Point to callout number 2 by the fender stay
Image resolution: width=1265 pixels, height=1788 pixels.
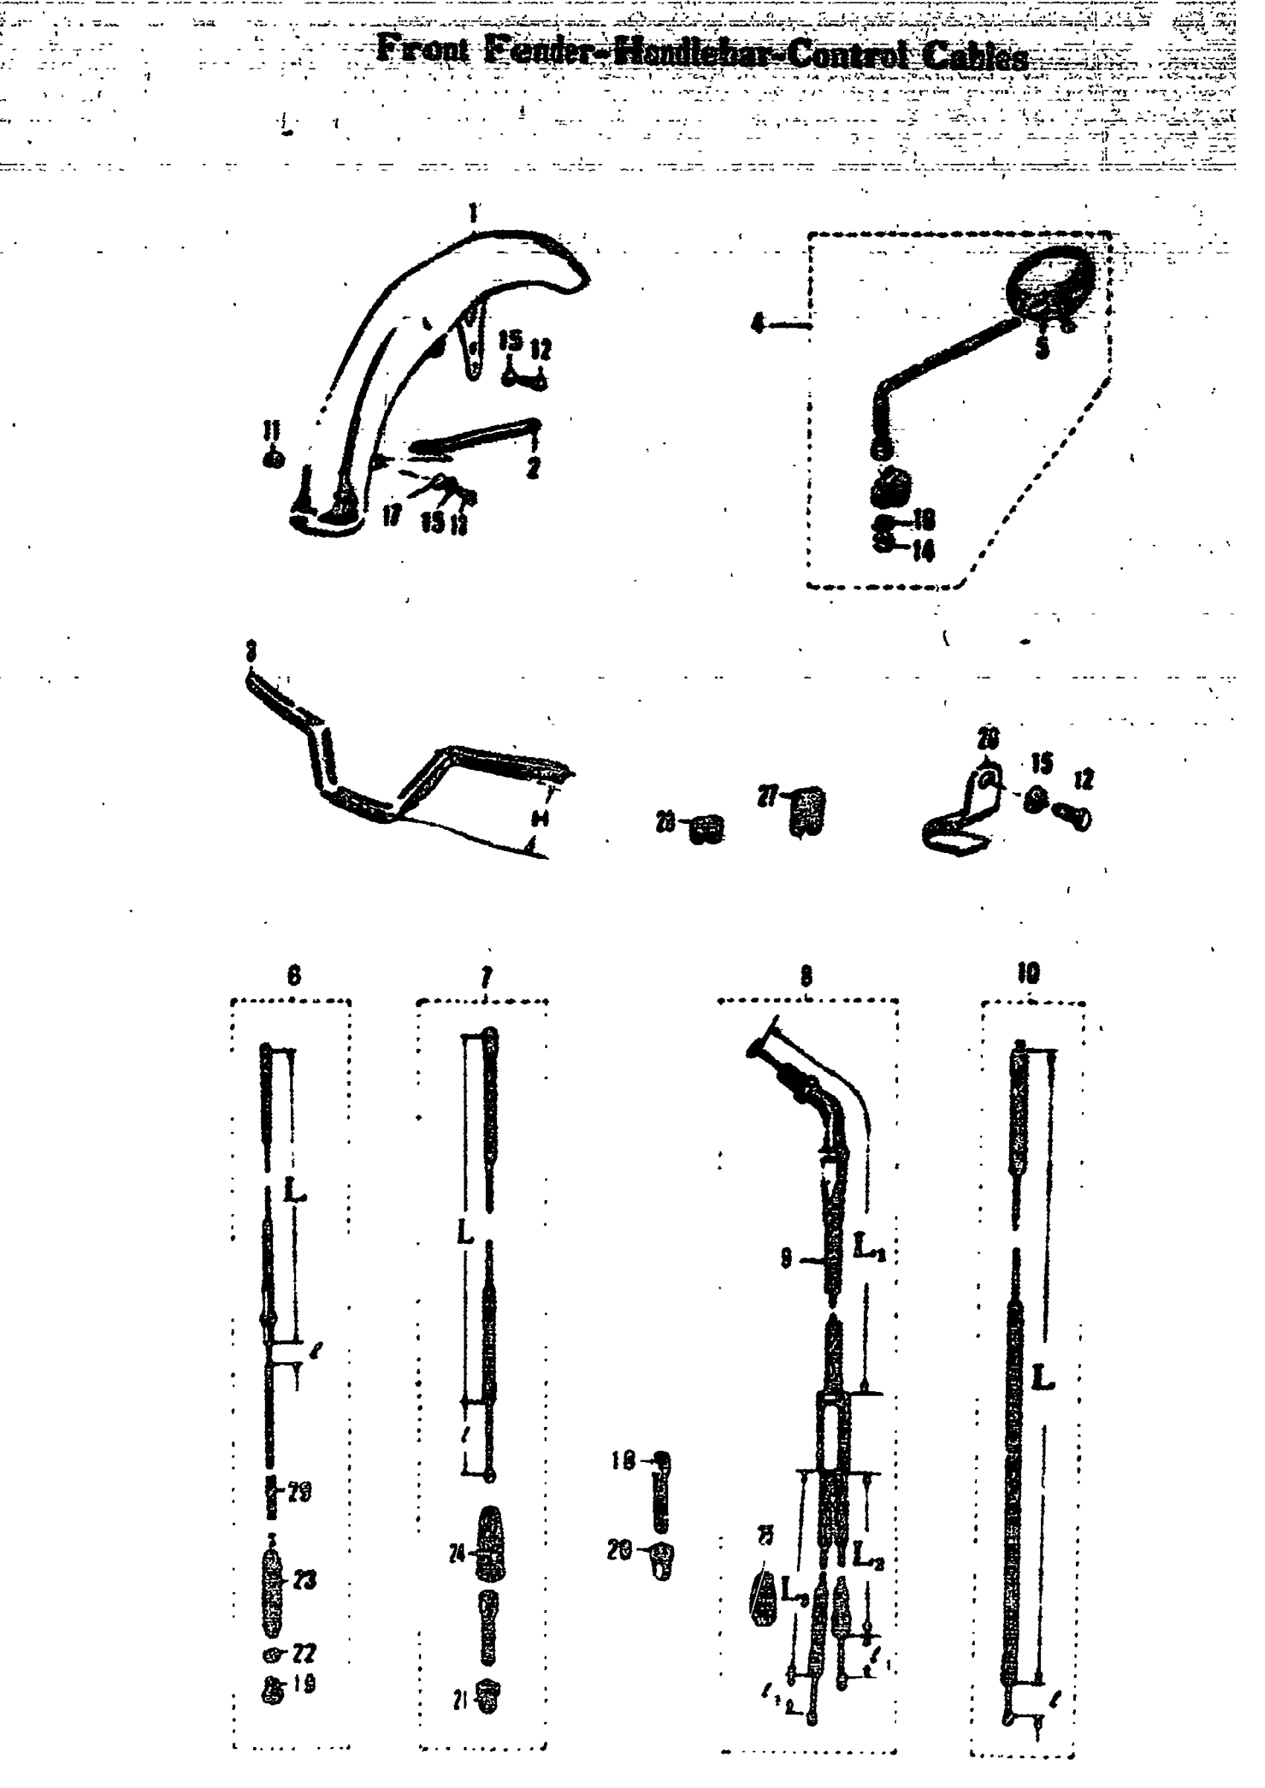click(x=533, y=468)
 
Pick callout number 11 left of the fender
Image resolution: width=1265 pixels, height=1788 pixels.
click(x=271, y=431)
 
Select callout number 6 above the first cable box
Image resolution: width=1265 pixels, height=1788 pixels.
click(x=294, y=975)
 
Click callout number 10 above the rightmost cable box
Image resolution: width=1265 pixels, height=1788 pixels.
click(x=1028, y=972)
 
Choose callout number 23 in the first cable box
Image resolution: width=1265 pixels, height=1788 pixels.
click(x=305, y=1581)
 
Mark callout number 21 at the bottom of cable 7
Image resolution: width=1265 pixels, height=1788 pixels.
click(x=459, y=1702)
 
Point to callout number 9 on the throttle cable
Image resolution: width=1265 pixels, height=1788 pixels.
click(x=787, y=1258)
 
